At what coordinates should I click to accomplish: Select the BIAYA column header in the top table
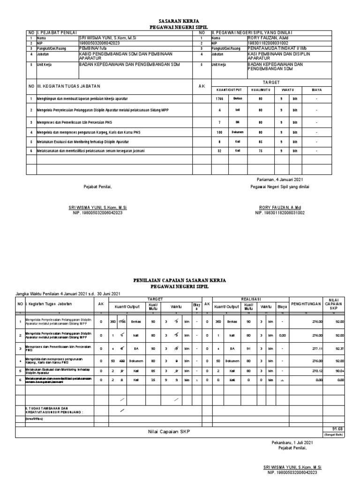point(319,90)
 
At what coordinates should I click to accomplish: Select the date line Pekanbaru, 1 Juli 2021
point(292,442)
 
